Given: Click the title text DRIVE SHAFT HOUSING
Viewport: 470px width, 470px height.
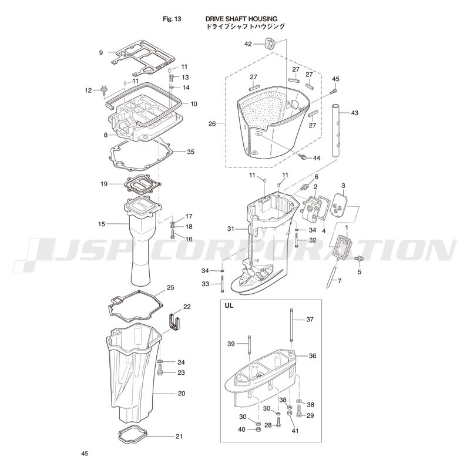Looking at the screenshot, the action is [x=241, y=19].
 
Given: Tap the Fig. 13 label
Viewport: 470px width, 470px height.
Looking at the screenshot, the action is [x=172, y=19].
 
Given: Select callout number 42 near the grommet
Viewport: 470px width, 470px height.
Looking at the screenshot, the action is [x=248, y=44].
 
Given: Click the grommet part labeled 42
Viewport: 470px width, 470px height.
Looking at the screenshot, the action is [x=270, y=44].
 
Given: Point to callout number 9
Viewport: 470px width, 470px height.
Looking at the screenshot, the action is [x=101, y=53].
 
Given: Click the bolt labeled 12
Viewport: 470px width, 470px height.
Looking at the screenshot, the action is [x=105, y=90].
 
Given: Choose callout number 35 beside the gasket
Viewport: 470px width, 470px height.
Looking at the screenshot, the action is [x=190, y=152].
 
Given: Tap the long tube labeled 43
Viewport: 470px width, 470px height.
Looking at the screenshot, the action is [x=336, y=130].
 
